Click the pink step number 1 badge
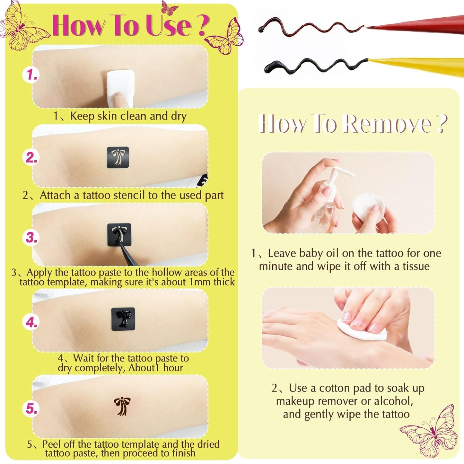coord(31,75)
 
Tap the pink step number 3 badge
coord(31,238)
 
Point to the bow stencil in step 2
coord(118,157)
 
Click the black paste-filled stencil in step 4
coord(123,319)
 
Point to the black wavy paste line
coord(315,66)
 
